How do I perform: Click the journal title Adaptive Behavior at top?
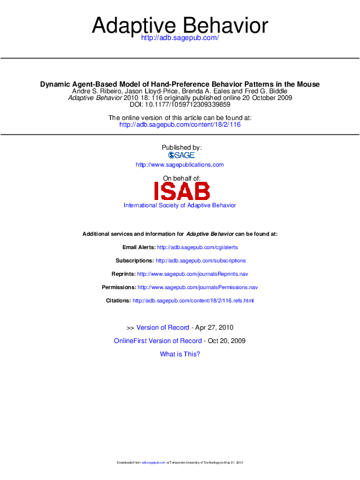pos(179,25)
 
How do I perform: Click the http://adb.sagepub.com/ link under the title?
pos(179,38)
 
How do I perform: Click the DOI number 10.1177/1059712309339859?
pos(187,105)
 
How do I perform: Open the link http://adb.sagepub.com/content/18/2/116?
pos(180,124)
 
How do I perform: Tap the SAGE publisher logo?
pos(181,155)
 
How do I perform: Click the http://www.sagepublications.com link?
pos(180,165)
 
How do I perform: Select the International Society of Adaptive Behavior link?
pos(180,205)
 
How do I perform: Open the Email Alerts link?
pos(198,247)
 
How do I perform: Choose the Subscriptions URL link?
pos(201,261)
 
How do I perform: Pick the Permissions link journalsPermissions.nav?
pos(198,287)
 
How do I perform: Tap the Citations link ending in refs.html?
pos(193,301)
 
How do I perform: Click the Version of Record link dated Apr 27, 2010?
pos(163,327)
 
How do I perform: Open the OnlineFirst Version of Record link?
pos(158,341)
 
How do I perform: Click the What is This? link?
pos(180,354)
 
